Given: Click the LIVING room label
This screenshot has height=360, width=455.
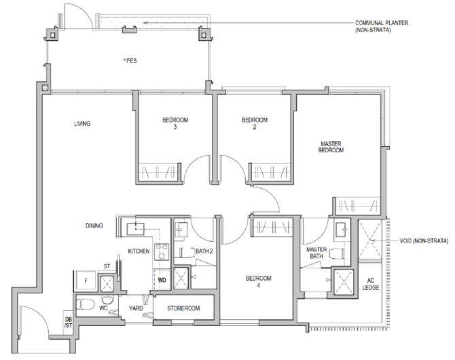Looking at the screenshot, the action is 82,124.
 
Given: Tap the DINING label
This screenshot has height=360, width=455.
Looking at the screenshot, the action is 94,226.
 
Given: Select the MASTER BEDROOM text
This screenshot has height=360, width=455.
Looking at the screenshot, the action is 331,147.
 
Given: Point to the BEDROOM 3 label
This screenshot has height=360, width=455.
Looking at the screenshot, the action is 175,123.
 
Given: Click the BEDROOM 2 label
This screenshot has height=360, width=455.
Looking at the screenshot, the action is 255,123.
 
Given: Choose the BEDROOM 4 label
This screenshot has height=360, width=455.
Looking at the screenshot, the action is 259,282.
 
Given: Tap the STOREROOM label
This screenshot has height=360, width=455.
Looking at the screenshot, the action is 183,308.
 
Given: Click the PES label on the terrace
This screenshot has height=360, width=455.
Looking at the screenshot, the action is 130,61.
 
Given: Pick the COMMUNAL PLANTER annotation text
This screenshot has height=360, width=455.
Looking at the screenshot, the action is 382,26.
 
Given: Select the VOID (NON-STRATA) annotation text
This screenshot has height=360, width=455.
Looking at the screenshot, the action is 424,240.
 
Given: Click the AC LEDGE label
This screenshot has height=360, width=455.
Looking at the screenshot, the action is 371,284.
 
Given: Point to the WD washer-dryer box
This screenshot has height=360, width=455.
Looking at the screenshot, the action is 162,279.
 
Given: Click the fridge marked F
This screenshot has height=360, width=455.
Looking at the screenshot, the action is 86,281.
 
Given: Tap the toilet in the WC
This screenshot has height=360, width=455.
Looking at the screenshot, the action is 86,304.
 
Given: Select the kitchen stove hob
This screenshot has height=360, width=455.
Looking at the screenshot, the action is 162,252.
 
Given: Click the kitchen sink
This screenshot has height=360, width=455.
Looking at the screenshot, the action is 136,229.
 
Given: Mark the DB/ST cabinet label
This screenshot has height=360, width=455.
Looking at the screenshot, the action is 68,322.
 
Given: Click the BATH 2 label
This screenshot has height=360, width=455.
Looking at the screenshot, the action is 204,251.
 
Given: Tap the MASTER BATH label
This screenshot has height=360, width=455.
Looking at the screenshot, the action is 316,253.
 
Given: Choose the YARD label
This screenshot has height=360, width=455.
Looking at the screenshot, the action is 136,308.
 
